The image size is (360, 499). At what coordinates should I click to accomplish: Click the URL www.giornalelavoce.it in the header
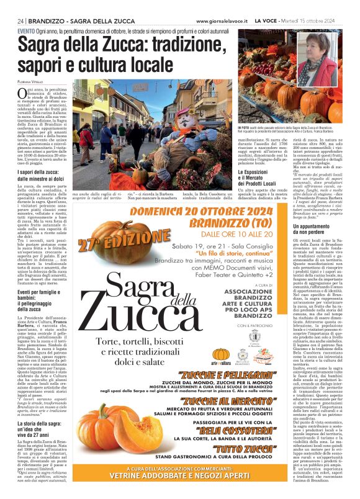223,21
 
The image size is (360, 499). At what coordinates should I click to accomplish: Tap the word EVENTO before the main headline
26,30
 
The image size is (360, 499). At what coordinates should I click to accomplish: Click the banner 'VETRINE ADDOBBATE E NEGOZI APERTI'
179,492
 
